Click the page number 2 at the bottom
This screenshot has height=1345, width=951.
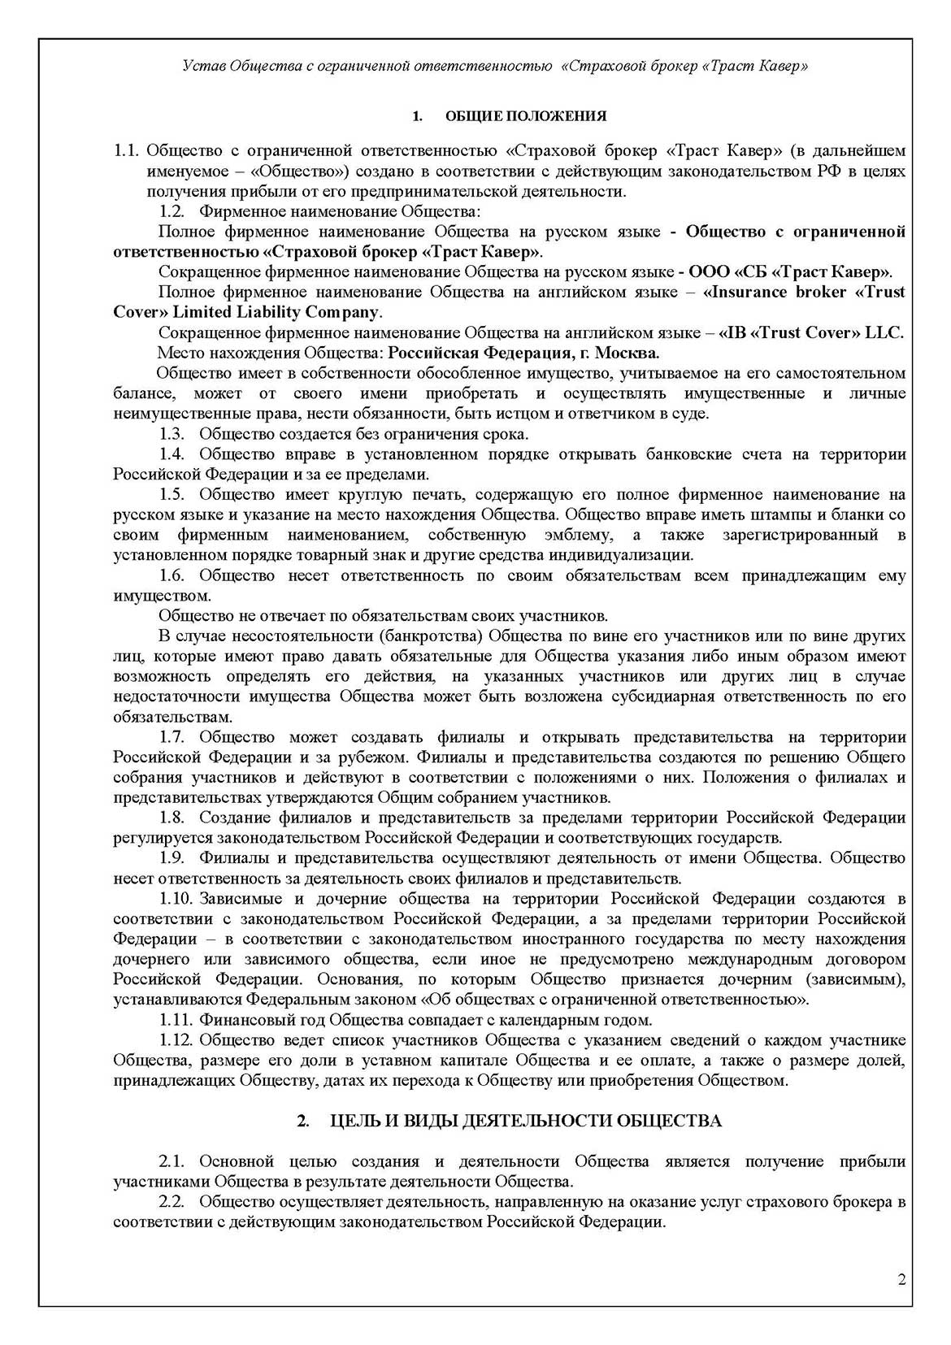pyautogui.click(x=901, y=1281)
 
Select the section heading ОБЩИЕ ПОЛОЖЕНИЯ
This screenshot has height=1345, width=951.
pyautogui.click(x=525, y=116)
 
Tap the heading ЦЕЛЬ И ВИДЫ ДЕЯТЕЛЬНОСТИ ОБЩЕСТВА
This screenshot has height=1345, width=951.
pyautogui.click(x=526, y=1122)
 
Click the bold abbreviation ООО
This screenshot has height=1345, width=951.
pyautogui.click(x=707, y=271)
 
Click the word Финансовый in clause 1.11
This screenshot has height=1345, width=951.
pyautogui.click(x=241, y=1020)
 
